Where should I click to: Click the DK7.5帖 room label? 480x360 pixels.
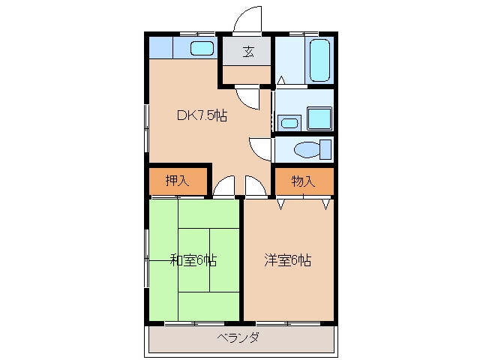(202, 115)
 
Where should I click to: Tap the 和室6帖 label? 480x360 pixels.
(193, 260)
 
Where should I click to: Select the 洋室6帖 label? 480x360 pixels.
(288, 260)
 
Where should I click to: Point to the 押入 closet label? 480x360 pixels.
(177, 181)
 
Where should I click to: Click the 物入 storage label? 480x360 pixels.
(303, 181)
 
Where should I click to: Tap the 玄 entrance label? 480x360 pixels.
(248, 52)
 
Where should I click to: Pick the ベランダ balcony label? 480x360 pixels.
(238, 338)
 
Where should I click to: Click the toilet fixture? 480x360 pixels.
(313, 149)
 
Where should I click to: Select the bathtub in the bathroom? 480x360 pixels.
(319, 60)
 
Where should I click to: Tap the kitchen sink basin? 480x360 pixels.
(202, 48)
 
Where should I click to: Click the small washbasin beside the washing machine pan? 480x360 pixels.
(289, 123)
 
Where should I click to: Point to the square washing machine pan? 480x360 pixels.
(319, 118)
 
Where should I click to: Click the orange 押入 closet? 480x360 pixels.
(178, 181)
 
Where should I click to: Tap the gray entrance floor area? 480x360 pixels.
(247, 51)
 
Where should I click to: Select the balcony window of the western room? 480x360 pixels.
(288, 323)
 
